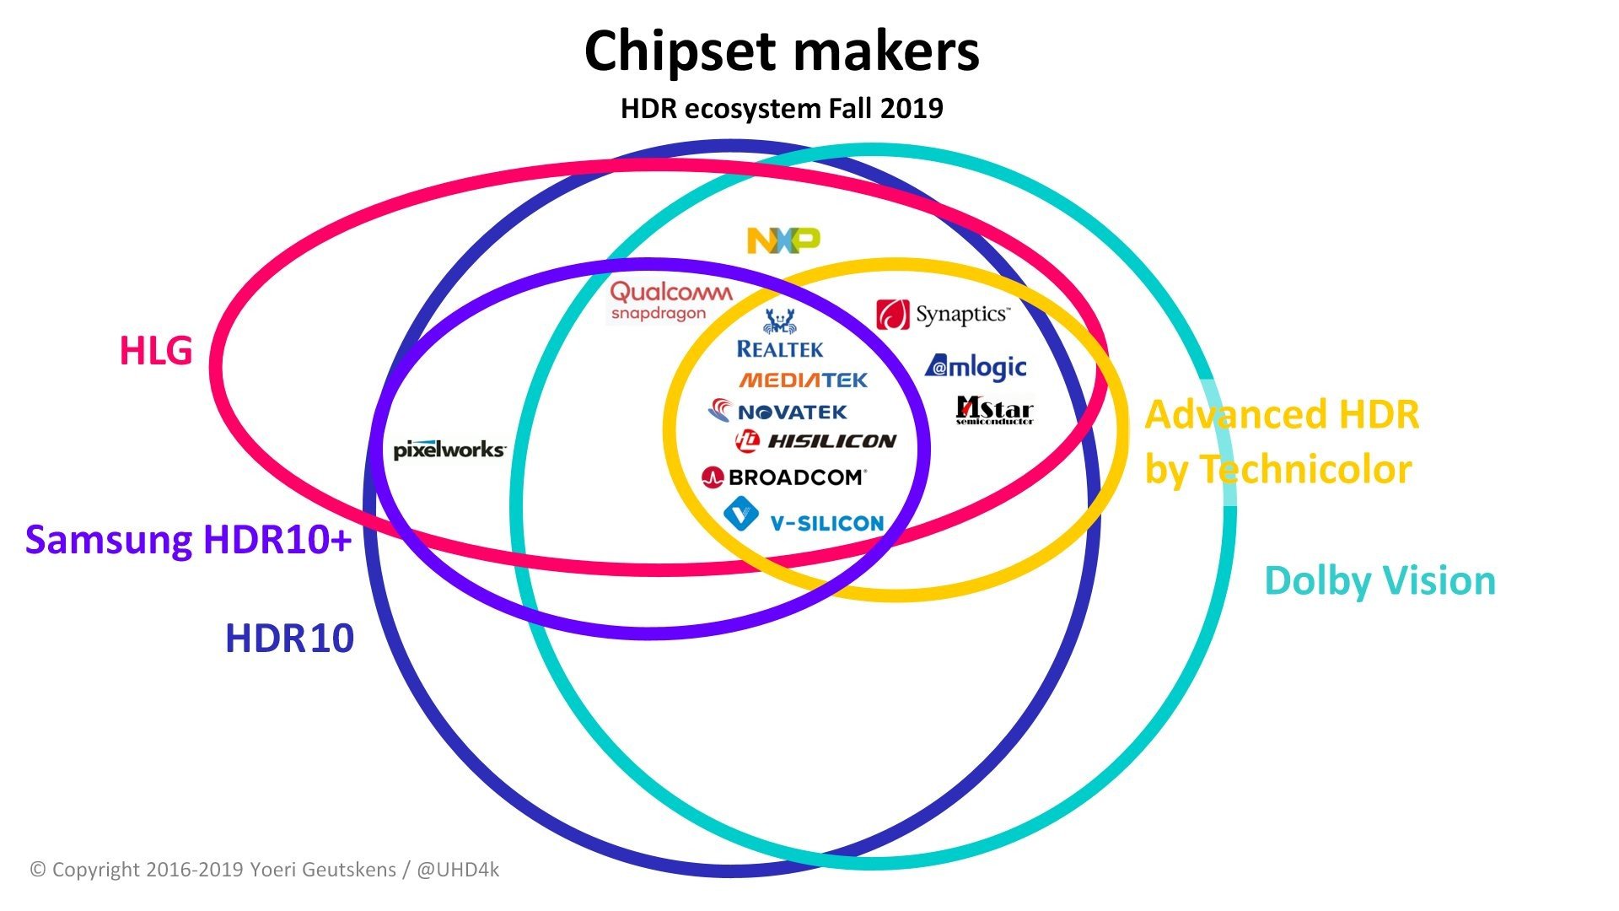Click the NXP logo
[x=783, y=240]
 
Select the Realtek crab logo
[x=780, y=333]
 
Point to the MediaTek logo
[x=804, y=380]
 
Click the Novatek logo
[x=777, y=412]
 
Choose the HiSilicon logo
[x=815, y=440]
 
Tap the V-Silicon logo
[x=804, y=516]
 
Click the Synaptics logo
[x=943, y=315]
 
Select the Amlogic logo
[x=976, y=366]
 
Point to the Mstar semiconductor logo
[x=995, y=410]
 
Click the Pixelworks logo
[x=449, y=450]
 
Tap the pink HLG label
[x=156, y=351]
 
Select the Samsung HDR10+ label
[x=188, y=540]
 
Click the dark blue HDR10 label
[x=289, y=639]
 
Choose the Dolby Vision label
[x=1380, y=581]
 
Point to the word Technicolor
[x=1305, y=469]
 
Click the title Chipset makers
[x=782, y=51]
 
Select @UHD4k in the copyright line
[x=458, y=870]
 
